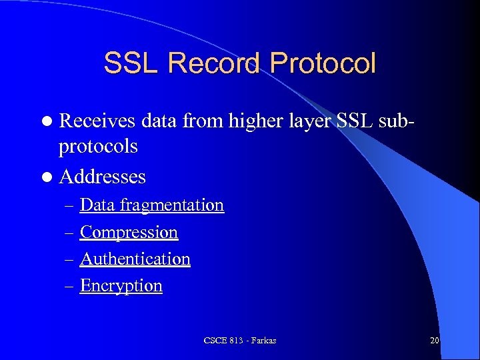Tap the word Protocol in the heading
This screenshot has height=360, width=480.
(323, 64)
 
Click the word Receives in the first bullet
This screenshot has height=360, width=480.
(97, 121)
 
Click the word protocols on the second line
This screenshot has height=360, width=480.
(98, 147)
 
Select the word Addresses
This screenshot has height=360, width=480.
(102, 177)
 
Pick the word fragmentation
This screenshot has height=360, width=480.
(173, 205)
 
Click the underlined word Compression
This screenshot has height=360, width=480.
(129, 233)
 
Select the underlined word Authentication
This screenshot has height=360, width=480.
(135, 259)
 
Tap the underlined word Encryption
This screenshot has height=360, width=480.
(121, 286)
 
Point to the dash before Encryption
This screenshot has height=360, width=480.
(70, 286)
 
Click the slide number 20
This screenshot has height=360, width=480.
(435, 341)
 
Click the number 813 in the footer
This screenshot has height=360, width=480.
(236, 341)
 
